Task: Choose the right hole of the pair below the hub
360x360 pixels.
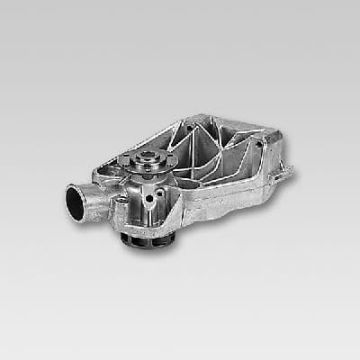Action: pos(160,191)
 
